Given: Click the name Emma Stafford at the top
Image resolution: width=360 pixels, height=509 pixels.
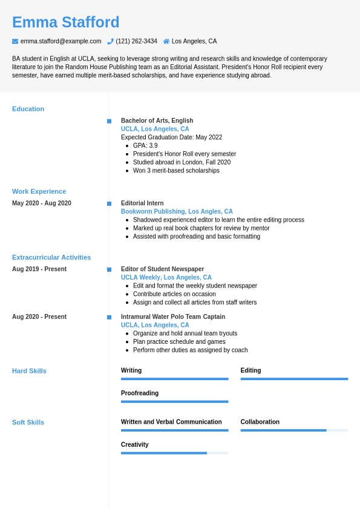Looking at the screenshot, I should [65, 22].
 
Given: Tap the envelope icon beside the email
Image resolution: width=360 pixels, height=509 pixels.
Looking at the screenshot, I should [15, 41].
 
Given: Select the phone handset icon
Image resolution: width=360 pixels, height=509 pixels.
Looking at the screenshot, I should [110, 41].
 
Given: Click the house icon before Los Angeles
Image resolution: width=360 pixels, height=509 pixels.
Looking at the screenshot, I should [166, 41].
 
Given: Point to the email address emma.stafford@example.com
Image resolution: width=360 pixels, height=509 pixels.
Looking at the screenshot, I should [61, 41].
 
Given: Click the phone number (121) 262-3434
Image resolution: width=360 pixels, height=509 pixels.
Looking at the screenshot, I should [136, 41].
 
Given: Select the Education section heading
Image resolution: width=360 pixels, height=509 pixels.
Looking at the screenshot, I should [28, 109].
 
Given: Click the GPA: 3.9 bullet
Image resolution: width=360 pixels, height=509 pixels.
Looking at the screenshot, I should [145, 145].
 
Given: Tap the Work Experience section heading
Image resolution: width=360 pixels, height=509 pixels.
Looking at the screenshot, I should [39, 191].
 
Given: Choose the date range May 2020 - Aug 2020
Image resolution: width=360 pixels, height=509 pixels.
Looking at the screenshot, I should [42, 203].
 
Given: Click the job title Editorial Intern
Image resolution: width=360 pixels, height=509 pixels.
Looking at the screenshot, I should [142, 203].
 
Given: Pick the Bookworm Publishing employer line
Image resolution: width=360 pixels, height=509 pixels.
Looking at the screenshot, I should [177, 212].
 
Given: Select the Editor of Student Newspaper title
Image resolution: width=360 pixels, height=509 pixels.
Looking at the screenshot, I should [162, 269].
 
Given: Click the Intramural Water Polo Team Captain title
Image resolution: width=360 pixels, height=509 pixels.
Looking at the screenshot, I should [172, 317].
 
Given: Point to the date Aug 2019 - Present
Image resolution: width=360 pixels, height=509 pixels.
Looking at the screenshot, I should [39, 269].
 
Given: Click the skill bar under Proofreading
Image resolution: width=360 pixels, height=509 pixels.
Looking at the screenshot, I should [174, 401].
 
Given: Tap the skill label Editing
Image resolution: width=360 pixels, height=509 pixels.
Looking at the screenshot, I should [250, 370].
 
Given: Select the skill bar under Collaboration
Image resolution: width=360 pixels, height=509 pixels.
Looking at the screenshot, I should [294, 430].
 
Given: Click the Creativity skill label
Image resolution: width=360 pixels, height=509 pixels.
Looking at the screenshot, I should [134, 444].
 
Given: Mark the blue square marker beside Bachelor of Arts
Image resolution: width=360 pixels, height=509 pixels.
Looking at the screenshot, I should [109, 121].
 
